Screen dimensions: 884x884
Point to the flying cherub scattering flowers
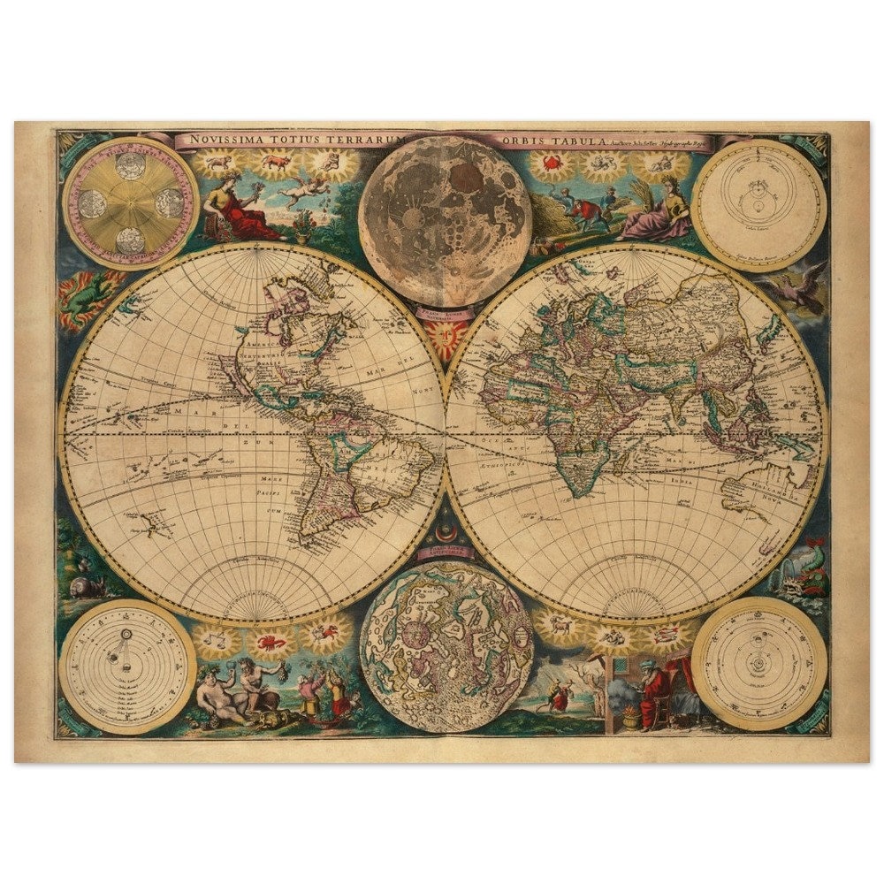point(305,191)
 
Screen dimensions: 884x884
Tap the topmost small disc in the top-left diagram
point(131,165)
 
